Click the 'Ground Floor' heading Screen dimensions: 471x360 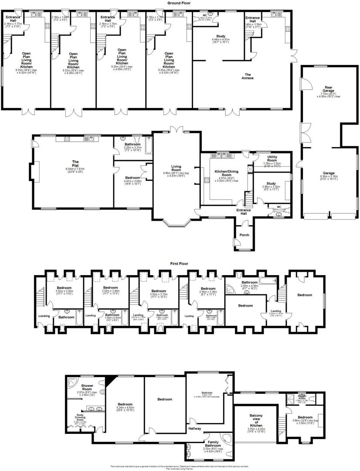(180, 3)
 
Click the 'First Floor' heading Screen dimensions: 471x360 (180, 264)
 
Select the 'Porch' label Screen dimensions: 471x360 (245, 235)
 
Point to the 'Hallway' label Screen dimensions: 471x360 (195, 429)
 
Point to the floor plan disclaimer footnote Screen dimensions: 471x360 (180, 467)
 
